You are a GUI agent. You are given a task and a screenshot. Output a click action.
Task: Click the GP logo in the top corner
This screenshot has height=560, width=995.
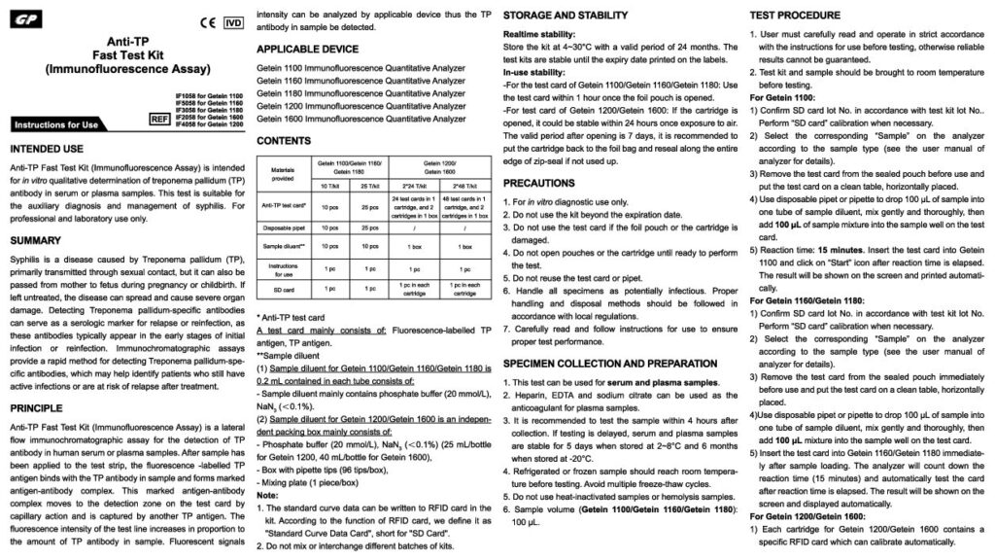[x=28, y=20]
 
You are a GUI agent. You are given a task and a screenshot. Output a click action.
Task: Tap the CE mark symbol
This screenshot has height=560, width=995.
[x=206, y=20]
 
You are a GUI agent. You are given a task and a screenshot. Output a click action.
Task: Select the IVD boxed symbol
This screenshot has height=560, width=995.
[x=234, y=20]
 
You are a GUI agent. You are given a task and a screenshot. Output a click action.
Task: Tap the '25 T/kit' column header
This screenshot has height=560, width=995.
[x=369, y=185]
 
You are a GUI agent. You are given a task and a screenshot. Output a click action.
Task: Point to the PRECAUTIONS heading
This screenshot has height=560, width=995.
[x=545, y=182]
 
